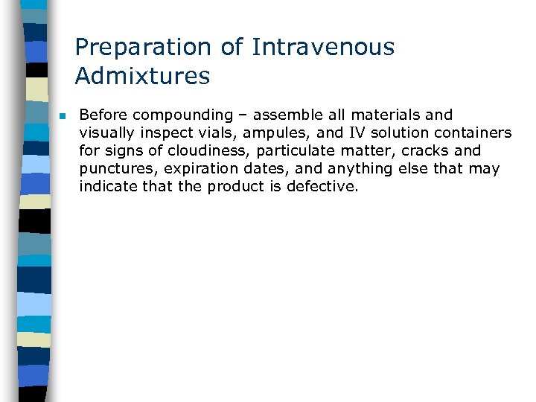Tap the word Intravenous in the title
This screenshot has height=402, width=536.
[323, 48]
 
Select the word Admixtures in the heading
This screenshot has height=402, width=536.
[142, 76]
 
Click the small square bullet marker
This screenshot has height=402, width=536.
[63, 116]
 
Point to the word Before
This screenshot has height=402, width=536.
[103, 115]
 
